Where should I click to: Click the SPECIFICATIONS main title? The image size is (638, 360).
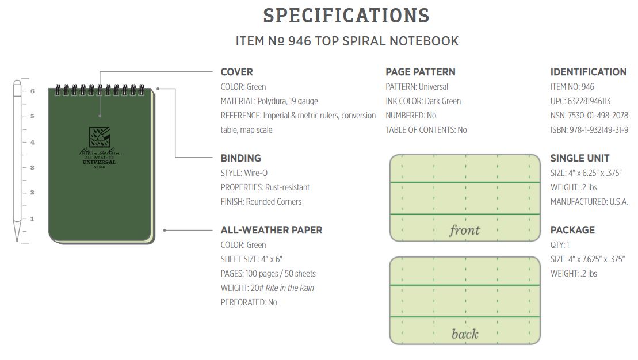pyautogui.click(x=346, y=16)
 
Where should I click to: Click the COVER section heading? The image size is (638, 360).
pyautogui.click(x=237, y=72)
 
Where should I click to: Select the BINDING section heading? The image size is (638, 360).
pyautogui.click(x=241, y=158)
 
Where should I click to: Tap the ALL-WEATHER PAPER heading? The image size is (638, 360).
pyautogui.click(x=272, y=230)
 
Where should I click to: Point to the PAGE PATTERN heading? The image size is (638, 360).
pyautogui.click(x=421, y=72)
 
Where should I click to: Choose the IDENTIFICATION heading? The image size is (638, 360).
pyautogui.click(x=589, y=72)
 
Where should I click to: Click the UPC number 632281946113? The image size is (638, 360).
pyautogui.click(x=589, y=101)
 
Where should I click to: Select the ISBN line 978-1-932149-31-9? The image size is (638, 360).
pyautogui.click(x=589, y=130)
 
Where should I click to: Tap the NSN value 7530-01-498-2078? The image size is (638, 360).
pyautogui.click(x=598, y=116)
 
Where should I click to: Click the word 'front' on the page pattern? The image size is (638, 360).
pyautogui.click(x=465, y=230)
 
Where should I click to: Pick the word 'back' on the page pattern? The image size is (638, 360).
pyautogui.click(x=465, y=334)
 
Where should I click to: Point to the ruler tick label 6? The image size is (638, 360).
pyautogui.click(x=33, y=91)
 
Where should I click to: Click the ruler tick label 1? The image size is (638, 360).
pyautogui.click(x=32, y=219)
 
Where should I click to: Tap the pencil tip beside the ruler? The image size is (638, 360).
pyautogui.click(x=17, y=240)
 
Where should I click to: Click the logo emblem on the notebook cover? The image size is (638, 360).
pyautogui.click(x=100, y=137)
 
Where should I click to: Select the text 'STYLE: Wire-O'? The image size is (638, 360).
pyautogui.click(x=244, y=173)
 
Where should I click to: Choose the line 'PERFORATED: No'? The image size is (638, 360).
pyautogui.click(x=249, y=302)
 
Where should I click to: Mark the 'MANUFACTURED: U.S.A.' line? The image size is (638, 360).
pyautogui.click(x=589, y=202)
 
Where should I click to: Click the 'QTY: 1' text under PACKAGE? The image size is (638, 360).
pyautogui.click(x=560, y=245)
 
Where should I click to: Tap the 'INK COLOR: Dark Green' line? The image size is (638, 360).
pyautogui.click(x=423, y=101)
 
